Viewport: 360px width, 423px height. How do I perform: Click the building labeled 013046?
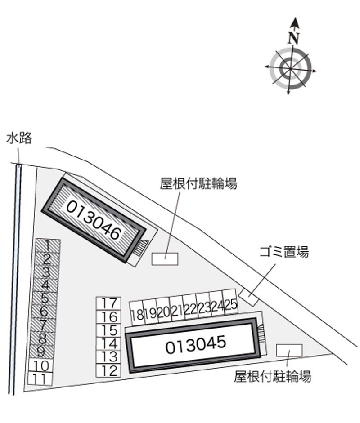[x=94, y=220]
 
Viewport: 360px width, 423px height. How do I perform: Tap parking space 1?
[x=48, y=246]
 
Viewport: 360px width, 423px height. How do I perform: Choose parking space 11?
[x=40, y=378]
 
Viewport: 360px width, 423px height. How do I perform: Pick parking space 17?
[x=108, y=303]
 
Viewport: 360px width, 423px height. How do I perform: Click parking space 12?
[x=108, y=370]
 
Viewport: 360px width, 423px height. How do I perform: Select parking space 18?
[x=137, y=313]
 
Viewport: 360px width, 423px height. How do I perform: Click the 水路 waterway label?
[x=19, y=138]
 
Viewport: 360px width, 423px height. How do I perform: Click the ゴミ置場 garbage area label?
[x=284, y=252]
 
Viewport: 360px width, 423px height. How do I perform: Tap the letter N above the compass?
[x=293, y=38]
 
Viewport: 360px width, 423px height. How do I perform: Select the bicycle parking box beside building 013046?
[x=165, y=259]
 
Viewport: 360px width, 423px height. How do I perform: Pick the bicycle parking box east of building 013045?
[x=289, y=350]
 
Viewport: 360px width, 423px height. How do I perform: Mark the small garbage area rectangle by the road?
[x=249, y=297]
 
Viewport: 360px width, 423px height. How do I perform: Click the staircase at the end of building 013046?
[x=141, y=248]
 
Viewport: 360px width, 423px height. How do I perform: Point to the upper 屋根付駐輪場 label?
[x=198, y=183]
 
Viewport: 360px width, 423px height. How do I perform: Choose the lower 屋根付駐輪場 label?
[x=273, y=376]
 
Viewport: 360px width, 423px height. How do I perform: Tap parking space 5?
[x=45, y=298]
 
